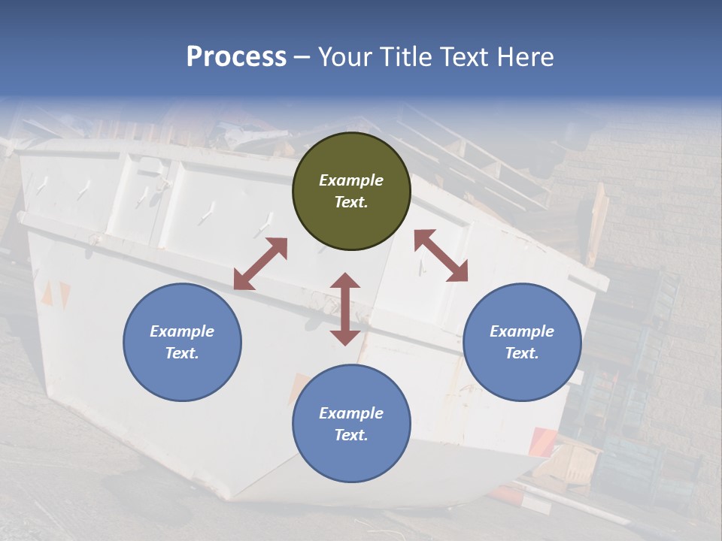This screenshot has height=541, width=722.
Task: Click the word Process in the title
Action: [236, 57]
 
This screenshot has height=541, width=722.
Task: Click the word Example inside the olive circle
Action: [351, 180]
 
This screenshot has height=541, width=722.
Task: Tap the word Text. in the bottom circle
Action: [351, 435]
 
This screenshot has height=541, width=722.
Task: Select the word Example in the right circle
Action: [522, 331]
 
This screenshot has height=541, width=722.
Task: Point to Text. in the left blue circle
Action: [182, 353]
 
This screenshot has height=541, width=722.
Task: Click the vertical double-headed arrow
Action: [345, 309]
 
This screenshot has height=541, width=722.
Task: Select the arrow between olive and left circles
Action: [260, 264]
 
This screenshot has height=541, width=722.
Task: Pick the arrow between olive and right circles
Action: [441, 255]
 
